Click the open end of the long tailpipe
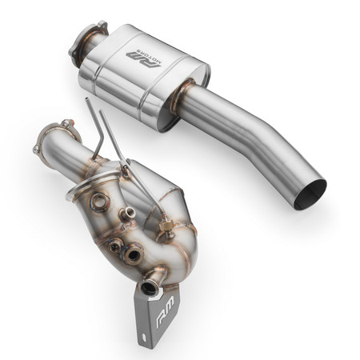click(x=311, y=194)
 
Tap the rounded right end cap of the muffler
click(x=201, y=68)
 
